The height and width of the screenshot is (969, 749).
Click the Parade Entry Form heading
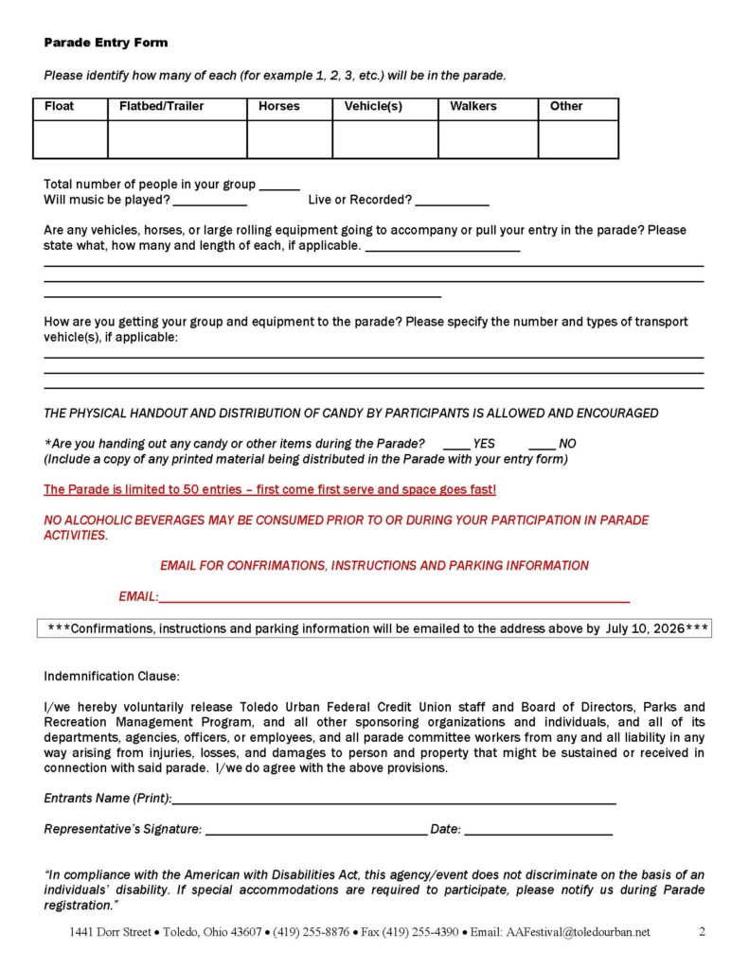105,43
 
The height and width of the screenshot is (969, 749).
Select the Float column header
59,106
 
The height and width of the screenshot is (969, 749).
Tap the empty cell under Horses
289,139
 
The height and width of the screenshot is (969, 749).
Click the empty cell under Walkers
488,139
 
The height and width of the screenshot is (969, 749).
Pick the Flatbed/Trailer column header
161,106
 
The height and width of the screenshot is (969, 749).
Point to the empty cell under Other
578,139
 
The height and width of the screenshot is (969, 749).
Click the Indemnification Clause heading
111,677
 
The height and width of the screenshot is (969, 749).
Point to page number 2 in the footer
702,931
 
